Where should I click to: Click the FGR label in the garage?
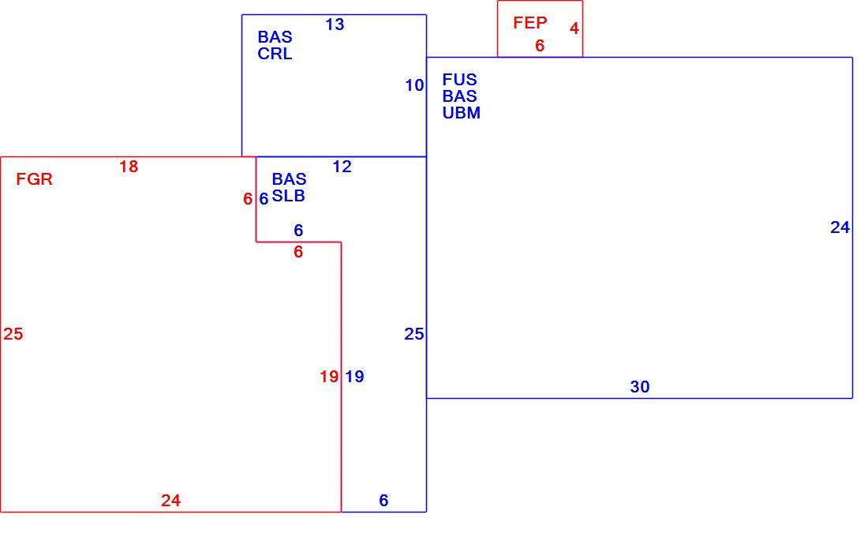point(34,179)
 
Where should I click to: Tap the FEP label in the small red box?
point(529,23)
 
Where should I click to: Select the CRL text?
point(275,54)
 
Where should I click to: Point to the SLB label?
point(288,196)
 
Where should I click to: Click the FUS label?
point(459,79)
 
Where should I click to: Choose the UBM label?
point(461,112)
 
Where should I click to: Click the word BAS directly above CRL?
point(275,37)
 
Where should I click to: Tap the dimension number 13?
point(335,24)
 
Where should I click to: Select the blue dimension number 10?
point(414,85)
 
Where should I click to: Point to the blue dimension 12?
point(342,167)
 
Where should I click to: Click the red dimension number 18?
point(129,167)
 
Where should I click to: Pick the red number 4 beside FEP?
point(574,28)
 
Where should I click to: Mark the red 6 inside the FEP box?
point(540,46)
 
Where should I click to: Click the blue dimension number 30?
point(639,387)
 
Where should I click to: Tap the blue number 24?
point(840,227)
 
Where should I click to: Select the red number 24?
point(170,501)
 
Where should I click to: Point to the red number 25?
point(13,333)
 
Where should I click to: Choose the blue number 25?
point(414,333)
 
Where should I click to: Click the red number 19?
point(329,377)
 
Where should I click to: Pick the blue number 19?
point(354,377)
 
